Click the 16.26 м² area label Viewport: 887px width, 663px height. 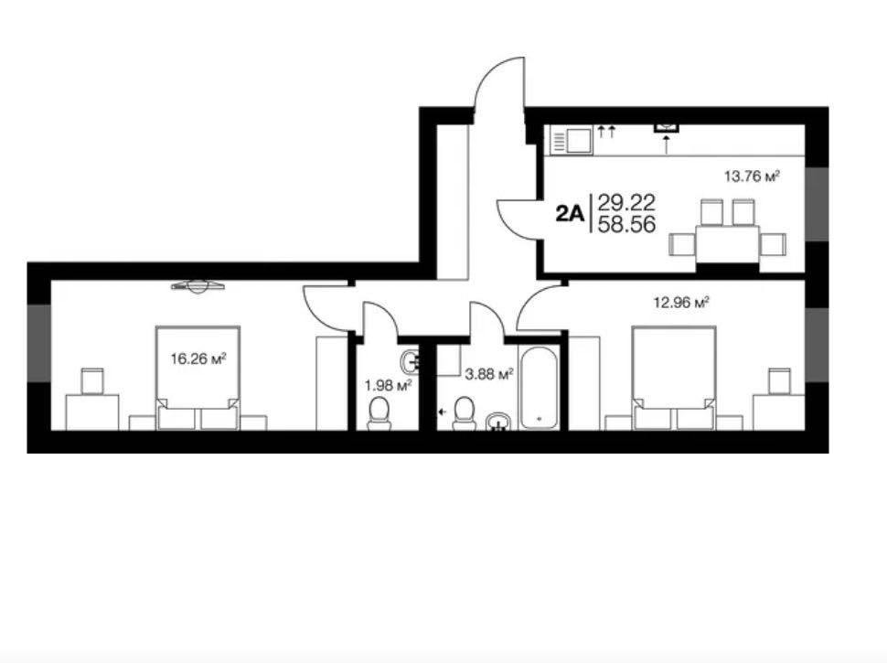click(x=198, y=358)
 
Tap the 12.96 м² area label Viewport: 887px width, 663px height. click(x=681, y=303)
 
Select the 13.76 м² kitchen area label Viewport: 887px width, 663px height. click(x=753, y=176)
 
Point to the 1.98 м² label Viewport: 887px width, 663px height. click(x=388, y=386)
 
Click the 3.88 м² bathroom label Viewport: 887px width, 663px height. click(x=488, y=374)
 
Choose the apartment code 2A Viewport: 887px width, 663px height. click(x=569, y=214)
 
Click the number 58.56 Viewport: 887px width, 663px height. click(x=626, y=225)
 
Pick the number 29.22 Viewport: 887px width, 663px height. click(x=626, y=202)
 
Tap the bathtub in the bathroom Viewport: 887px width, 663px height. click(x=540, y=388)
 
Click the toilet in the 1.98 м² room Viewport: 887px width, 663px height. click(x=379, y=413)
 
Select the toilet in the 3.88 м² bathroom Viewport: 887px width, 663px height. click(x=465, y=413)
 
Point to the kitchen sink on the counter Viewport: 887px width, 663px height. click(x=572, y=140)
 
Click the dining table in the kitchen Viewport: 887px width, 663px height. click(x=728, y=244)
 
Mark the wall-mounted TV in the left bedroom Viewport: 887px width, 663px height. click(x=198, y=286)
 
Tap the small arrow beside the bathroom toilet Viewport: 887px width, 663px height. click(x=442, y=412)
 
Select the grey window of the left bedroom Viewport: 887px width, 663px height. click(x=39, y=343)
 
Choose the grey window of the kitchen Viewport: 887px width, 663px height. click(x=817, y=204)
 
